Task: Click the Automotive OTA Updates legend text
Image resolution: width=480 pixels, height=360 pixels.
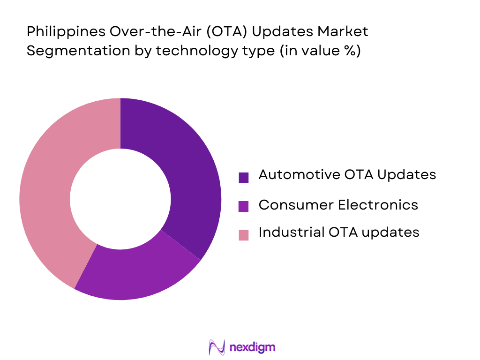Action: tap(347, 175)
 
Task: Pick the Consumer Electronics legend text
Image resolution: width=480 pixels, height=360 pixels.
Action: tap(338, 205)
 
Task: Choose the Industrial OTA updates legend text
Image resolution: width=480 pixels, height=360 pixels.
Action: tap(339, 232)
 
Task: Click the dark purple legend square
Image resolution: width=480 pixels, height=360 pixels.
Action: tap(243, 177)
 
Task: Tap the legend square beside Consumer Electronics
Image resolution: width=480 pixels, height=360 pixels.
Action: tap(243, 206)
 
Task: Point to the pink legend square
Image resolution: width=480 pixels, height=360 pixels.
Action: tap(243, 234)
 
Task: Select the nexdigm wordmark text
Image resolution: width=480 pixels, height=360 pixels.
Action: tap(253, 347)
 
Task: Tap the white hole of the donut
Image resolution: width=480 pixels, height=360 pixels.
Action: tap(120, 199)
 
